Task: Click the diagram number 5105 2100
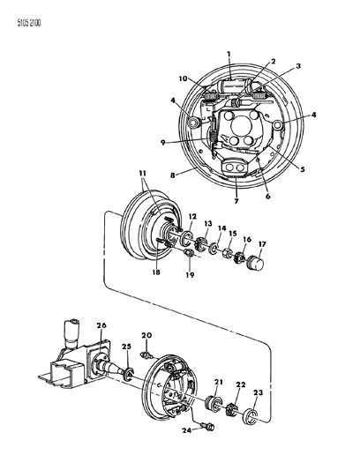29,23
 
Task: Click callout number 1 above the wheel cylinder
229,55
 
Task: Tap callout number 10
183,78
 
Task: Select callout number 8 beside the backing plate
173,175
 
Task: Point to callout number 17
262,244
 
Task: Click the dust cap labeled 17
256,262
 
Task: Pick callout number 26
101,325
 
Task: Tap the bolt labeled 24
207,425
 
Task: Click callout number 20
147,335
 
